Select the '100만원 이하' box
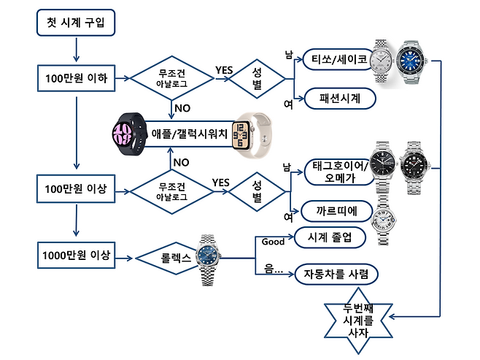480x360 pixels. (76, 77)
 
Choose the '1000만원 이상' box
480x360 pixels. (76, 256)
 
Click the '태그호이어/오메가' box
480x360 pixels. (335, 172)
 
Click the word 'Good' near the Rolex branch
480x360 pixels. (272, 242)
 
